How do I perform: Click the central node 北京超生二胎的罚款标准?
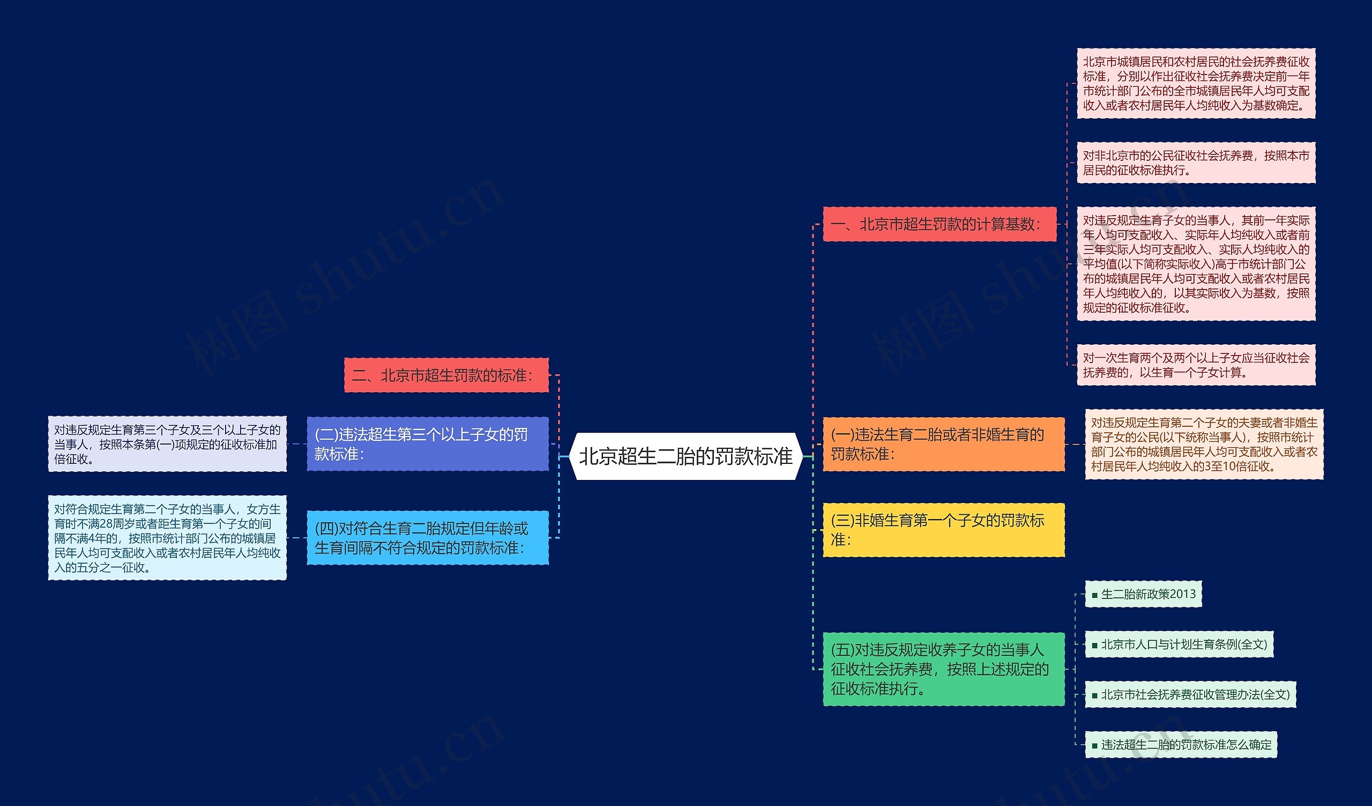(685, 456)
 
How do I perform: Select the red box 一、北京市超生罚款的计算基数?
(939, 224)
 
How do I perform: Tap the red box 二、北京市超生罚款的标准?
(446, 375)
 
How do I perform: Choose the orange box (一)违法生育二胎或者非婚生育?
(943, 445)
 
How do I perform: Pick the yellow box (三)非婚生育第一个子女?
(943, 530)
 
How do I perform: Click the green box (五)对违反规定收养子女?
(943, 669)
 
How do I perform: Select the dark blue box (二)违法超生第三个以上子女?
(427, 445)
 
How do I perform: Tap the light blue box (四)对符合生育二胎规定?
(427, 538)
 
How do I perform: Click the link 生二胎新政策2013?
(1148, 594)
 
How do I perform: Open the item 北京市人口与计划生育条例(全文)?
(1184, 645)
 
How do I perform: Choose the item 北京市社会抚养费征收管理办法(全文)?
(1195, 695)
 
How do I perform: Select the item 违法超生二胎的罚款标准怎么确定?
(1186, 745)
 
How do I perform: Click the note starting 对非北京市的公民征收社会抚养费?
(1196, 163)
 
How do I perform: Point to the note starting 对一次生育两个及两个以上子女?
(1196, 365)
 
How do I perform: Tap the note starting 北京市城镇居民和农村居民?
(1196, 83)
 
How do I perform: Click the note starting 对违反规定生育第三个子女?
(167, 445)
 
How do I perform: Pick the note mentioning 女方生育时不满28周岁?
(167, 538)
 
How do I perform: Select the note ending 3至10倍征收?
(1204, 445)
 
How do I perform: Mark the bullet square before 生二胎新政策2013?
(1094, 595)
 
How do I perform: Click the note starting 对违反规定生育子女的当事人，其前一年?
(1196, 264)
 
